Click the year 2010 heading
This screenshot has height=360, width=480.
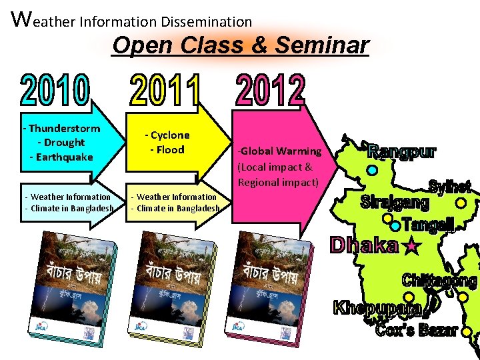tap(55, 91)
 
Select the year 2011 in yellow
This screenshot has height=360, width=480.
tap(165, 91)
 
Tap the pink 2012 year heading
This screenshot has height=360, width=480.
tap(270, 91)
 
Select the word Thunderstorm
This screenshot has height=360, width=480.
tap(64, 128)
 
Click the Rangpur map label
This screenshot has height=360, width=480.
tap(403, 151)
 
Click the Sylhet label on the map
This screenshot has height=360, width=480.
tap(449, 187)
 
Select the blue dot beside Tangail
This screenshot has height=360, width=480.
tap(395, 225)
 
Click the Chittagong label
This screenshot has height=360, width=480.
tap(439, 281)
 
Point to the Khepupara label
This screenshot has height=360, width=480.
tap(377, 308)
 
